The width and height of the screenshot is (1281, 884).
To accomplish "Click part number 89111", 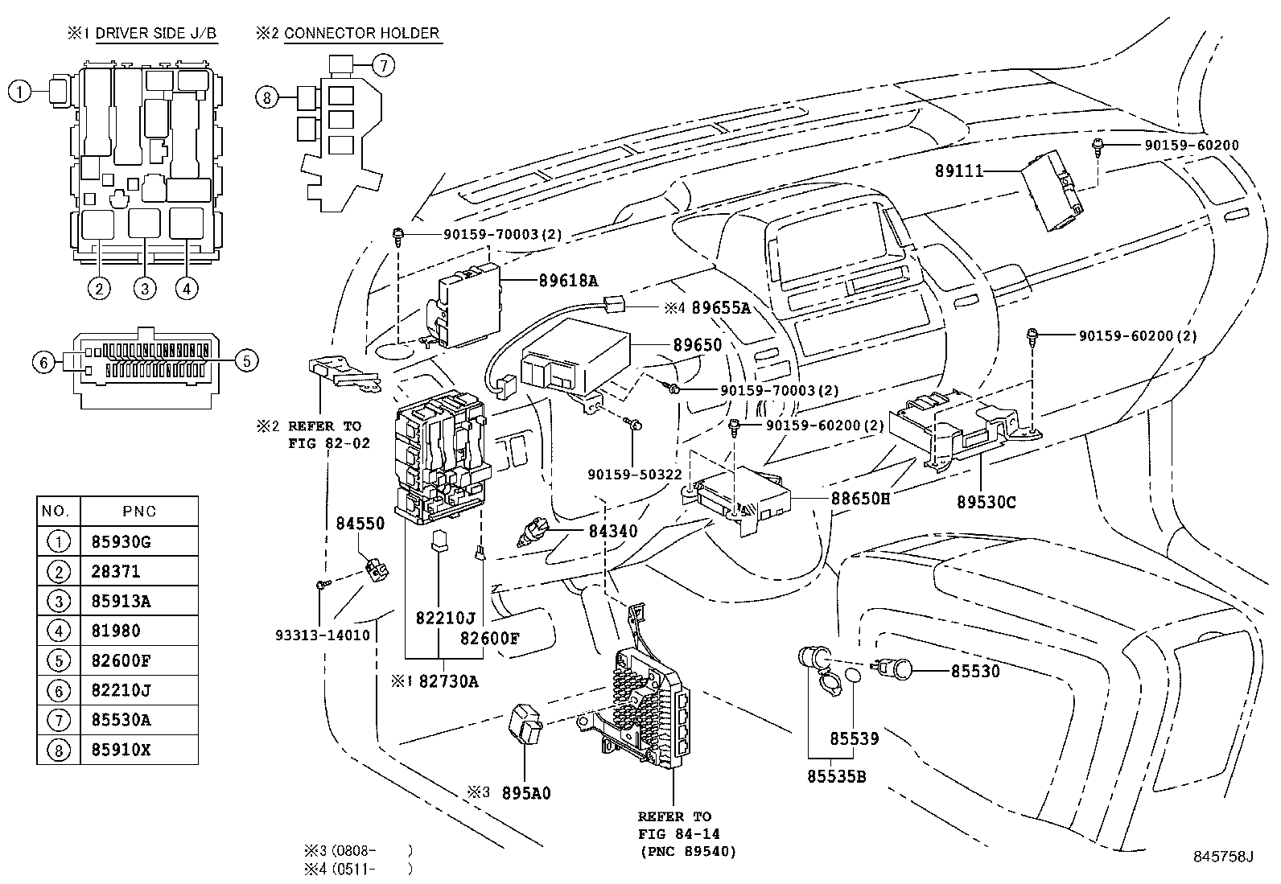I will [958, 171].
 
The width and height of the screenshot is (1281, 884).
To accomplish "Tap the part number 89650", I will [697, 345].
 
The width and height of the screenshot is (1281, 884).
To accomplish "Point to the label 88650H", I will [860, 499].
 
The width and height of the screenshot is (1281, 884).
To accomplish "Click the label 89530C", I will [986, 502].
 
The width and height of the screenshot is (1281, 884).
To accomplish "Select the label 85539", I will [854, 738].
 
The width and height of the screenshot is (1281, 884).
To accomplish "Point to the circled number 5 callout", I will [246, 360].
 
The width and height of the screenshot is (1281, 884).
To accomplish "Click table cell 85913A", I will [116, 602].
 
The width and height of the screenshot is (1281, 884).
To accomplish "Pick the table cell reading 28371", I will [110, 572].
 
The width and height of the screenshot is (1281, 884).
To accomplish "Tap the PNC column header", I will [140, 512].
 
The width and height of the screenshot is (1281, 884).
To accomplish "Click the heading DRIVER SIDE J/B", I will [156, 34].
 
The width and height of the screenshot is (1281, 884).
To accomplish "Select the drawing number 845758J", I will [1222, 856].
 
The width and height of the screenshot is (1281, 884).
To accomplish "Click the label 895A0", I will [526, 793].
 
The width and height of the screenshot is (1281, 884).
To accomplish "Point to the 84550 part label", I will [360, 524].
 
